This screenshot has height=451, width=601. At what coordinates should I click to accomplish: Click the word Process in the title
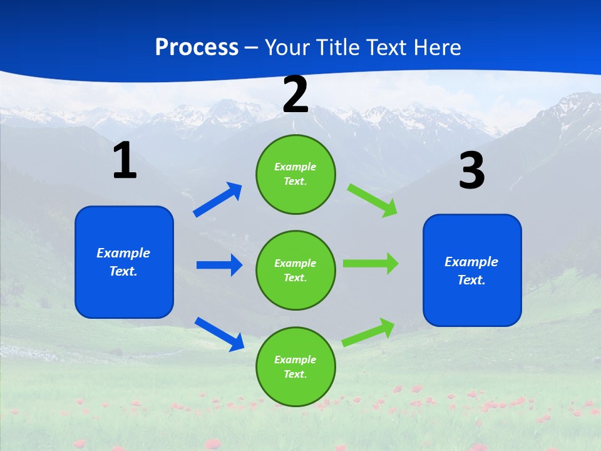coord(197,48)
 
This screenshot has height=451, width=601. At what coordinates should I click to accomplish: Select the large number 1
coord(125,161)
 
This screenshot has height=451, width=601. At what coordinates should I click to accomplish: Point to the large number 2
coord(295,95)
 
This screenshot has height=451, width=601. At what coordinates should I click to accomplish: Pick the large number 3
coord(471,171)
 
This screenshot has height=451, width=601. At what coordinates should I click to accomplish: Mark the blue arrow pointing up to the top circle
coord(218,200)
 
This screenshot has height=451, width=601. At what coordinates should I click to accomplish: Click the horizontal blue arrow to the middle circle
coord(219,265)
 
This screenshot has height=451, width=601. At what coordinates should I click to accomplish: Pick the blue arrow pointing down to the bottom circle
coord(219,334)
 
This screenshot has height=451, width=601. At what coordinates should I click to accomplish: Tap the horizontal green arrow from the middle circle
coord(371,263)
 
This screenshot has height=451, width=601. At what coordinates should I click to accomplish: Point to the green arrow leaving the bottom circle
coord(368,333)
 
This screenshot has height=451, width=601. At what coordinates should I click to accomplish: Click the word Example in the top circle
coord(295,167)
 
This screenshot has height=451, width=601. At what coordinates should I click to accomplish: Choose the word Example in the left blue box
coord(123,253)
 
